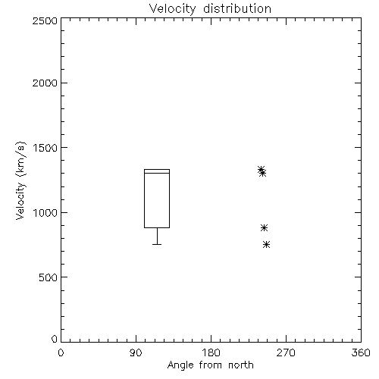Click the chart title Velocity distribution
coord(210,9)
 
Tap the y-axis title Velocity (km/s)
coord(20,180)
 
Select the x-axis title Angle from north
coord(210,365)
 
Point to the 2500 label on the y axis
coord(45,20)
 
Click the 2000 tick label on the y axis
coord(45,83)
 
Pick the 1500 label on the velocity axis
coord(45,148)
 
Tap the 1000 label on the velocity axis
coord(45,213)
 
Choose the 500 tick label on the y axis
coord(49,277)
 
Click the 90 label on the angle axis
coord(136,352)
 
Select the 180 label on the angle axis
coord(211,352)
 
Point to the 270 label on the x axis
coord(286,352)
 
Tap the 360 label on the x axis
coord(361,352)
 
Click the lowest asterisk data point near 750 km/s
coord(266,244)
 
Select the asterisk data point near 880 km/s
coord(264,227)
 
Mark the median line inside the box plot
coord(157,173)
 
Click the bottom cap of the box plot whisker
coord(157,244)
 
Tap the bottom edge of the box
coord(157,227)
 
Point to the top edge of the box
coord(157,169)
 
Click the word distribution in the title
coord(237,9)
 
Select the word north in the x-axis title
coord(241,365)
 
